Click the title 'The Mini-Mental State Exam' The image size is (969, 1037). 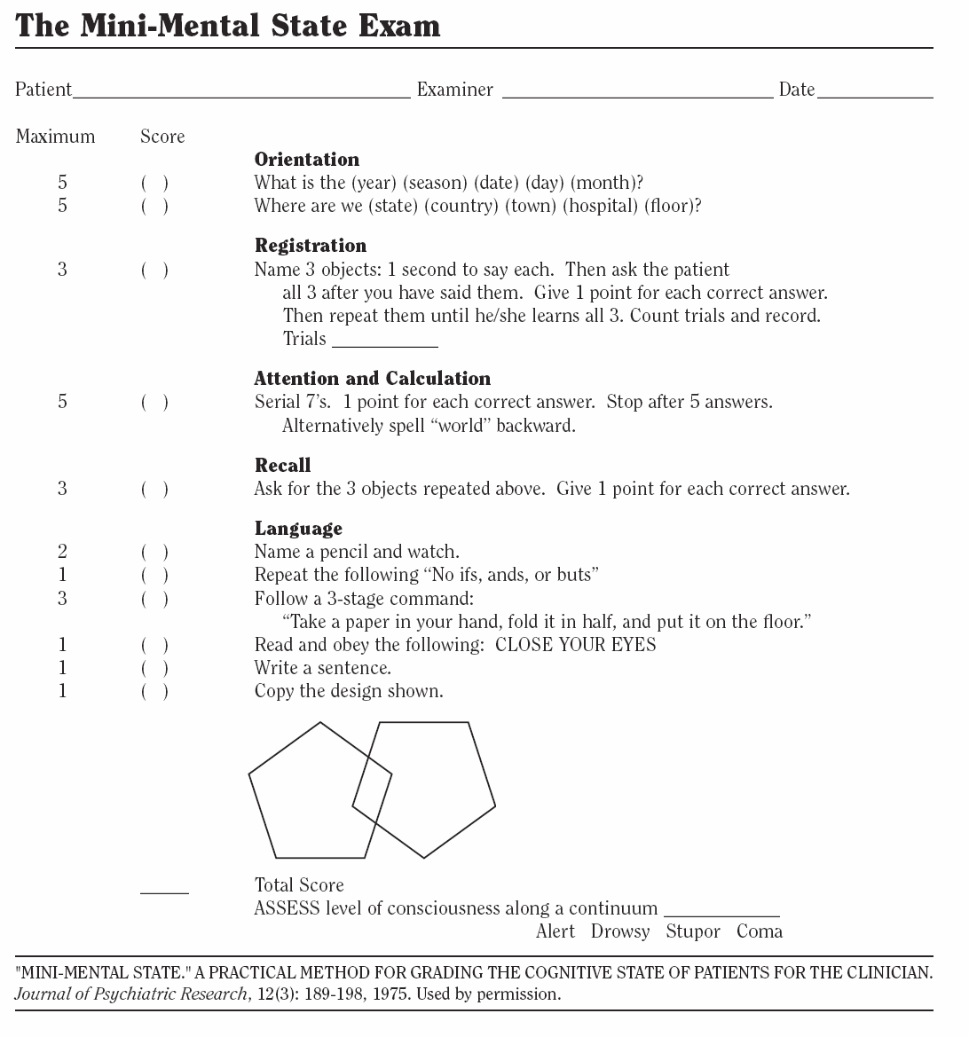pyautogui.click(x=228, y=25)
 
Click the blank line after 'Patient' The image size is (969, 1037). pyautogui.click(x=242, y=94)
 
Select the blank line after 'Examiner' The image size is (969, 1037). pyautogui.click(x=637, y=94)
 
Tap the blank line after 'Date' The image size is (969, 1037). pyautogui.click(x=874, y=94)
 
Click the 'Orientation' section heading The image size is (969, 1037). pyautogui.click(x=307, y=160)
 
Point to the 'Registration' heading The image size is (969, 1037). pyautogui.click(x=311, y=246)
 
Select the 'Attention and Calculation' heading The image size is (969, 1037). pyautogui.click(x=373, y=379)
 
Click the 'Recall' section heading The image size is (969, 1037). pyautogui.click(x=283, y=466)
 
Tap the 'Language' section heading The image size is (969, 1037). pyautogui.click(x=298, y=529)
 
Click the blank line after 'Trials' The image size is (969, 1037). pyautogui.click(x=384, y=344)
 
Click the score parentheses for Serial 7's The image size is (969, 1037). pyautogui.click(x=154, y=403)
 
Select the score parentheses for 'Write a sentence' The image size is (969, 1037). pyautogui.click(x=154, y=668)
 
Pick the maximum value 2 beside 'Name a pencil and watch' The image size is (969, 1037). pyautogui.click(x=62, y=552)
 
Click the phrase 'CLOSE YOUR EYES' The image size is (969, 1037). pyautogui.click(x=576, y=645)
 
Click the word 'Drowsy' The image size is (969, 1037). pyautogui.click(x=620, y=931)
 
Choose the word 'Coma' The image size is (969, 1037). pyautogui.click(x=760, y=931)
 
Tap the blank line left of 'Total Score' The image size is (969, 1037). pyautogui.click(x=164, y=891)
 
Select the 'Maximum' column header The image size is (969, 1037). pyautogui.click(x=55, y=137)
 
